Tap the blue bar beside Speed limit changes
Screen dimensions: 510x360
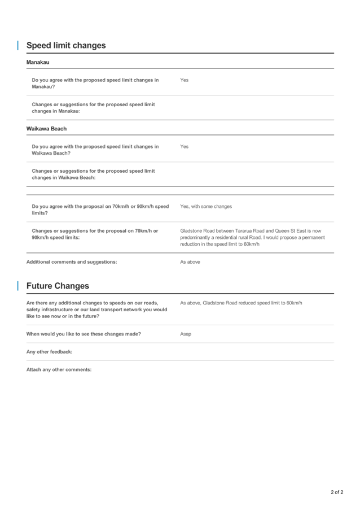(17, 45)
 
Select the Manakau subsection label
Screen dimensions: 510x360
(38, 62)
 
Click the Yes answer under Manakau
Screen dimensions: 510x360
(184, 80)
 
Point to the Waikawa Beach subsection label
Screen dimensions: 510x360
(46, 129)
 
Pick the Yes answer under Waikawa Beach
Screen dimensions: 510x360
(184, 146)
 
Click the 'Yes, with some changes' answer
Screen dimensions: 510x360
(206, 207)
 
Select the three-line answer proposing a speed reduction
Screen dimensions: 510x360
(252, 237)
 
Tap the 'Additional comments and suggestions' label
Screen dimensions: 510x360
(72, 262)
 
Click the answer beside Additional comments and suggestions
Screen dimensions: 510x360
(190, 262)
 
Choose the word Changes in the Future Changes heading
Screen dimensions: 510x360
(74, 286)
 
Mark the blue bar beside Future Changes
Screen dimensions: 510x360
(17, 286)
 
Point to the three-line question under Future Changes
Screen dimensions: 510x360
(96, 310)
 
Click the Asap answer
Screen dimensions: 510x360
(185, 334)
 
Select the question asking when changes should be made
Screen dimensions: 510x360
(84, 334)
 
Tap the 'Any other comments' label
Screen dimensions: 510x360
(49, 352)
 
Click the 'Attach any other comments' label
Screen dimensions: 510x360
(58, 369)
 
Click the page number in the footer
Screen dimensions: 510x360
(337, 492)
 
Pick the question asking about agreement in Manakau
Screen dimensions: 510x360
(95, 84)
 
